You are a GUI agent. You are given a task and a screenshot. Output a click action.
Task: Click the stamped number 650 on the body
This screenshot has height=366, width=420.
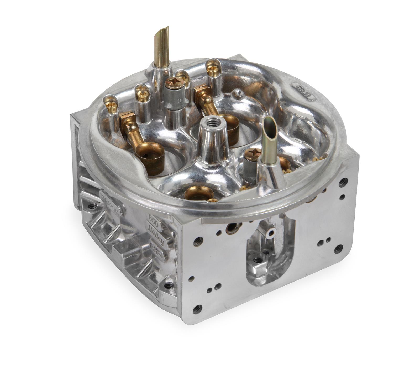(153, 218)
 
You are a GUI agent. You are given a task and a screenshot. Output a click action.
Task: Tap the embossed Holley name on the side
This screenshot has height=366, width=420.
(157, 234)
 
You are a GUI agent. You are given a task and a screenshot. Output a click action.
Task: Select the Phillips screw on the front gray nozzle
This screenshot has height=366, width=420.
(252, 152)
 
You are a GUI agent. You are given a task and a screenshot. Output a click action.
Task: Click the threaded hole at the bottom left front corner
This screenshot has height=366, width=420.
(197, 309)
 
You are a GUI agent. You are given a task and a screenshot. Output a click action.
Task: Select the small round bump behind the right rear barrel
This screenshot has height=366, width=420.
(237, 92)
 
